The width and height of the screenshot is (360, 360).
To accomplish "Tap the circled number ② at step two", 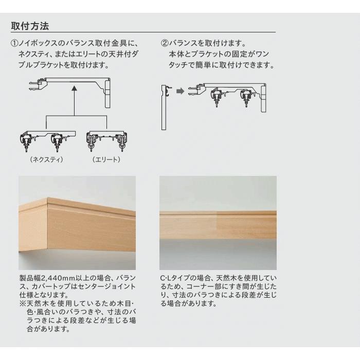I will (x=165, y=43).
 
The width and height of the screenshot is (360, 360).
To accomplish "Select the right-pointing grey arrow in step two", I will (x=179, y=92).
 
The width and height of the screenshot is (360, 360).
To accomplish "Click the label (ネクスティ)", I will (x=47, y=159).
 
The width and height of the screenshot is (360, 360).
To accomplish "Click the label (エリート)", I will (x=106, y=159).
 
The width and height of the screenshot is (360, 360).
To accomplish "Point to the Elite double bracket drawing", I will (x=106, y=141).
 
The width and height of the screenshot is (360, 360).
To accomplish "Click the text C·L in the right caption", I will (x=165, y=279).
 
